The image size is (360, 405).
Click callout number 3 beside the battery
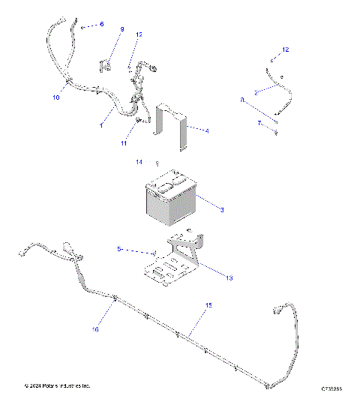pos(223,209)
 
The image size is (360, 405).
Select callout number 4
pos(207,130)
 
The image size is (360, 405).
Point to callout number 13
pos(229,277)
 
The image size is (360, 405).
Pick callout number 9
pos(122,29)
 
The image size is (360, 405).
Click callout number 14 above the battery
pos(139,162)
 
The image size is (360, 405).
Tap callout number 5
pos(119,248)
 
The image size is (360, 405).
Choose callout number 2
pos(256,92)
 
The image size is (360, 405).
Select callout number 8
pos(242,99)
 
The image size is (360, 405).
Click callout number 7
pos(260,122)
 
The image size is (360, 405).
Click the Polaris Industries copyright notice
pos(56,386)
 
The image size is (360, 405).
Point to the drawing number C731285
pos(331,388)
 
